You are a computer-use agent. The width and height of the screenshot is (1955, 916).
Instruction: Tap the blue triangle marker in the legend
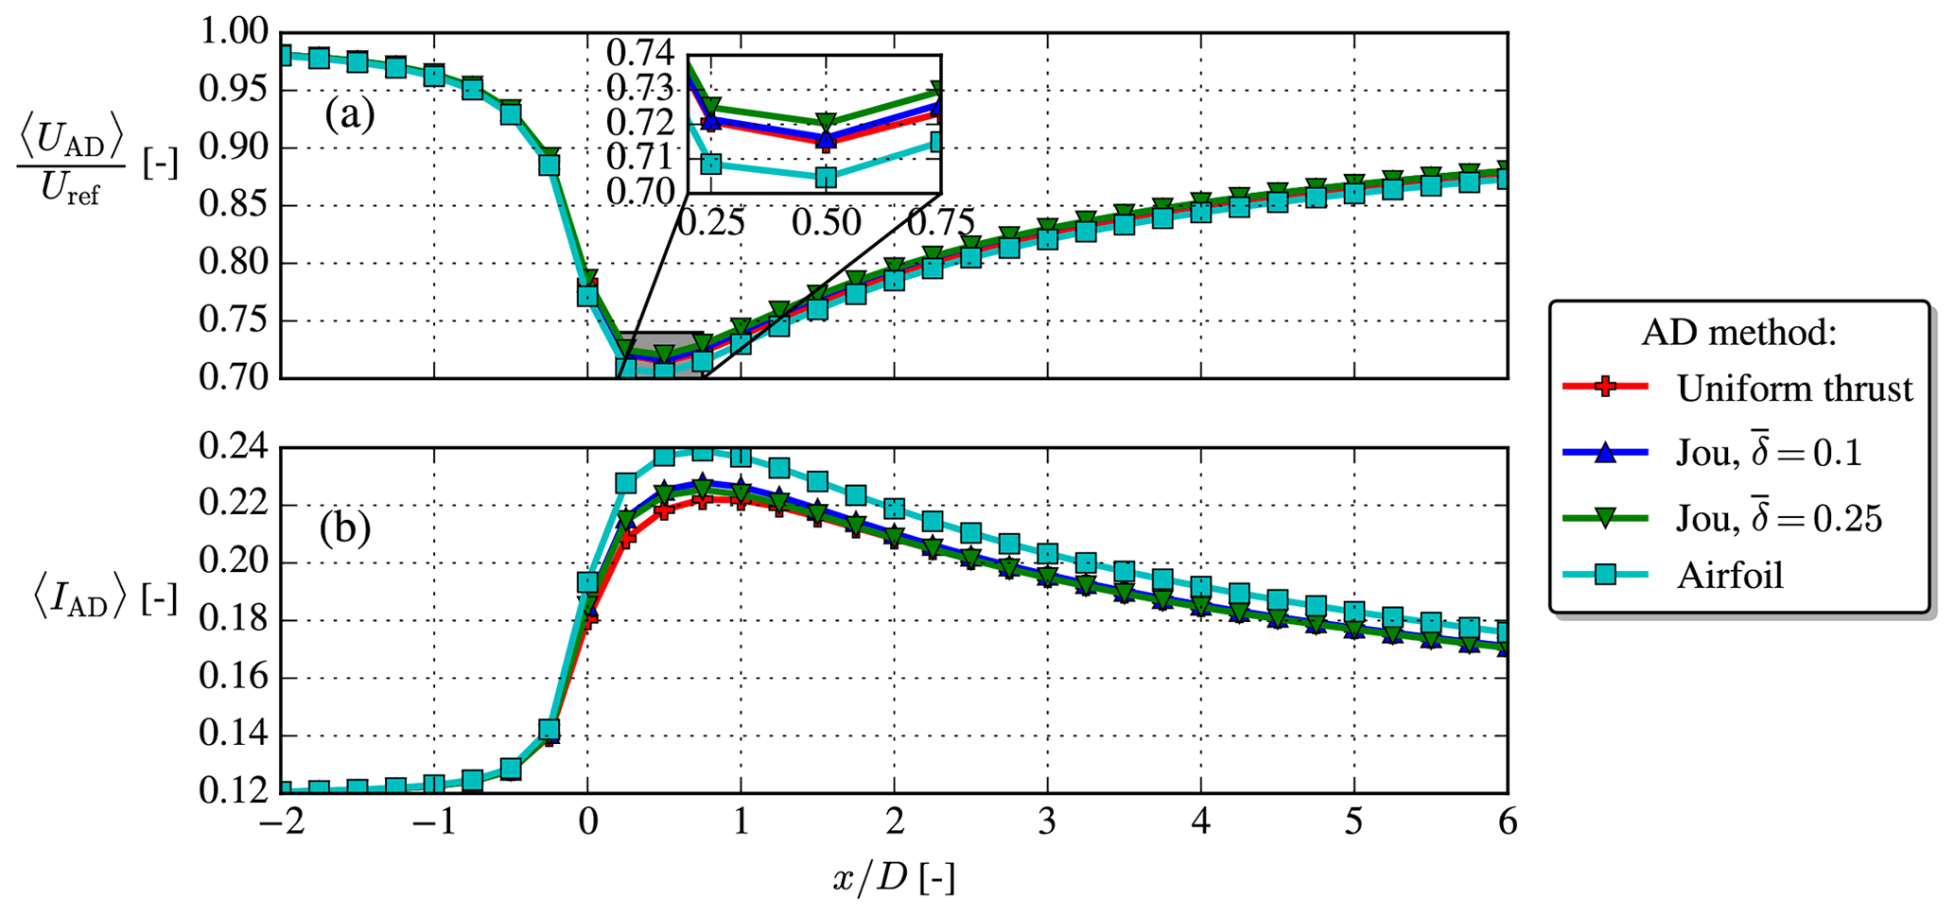tap(1604, 454)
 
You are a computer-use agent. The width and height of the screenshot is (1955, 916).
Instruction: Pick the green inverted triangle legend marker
tap(1604, 517)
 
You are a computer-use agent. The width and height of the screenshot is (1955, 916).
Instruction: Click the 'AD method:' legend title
tap(1738, 332)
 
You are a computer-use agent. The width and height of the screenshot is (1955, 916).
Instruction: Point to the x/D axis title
tap(893, 879)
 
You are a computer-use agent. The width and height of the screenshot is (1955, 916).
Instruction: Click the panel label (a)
tap(349, 115)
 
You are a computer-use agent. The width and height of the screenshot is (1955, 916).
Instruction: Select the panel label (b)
tap(344, 528)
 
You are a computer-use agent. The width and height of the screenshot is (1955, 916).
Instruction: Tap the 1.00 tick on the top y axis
tap(235, 34)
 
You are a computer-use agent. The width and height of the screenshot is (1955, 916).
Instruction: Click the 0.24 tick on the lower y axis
tap(235, 447)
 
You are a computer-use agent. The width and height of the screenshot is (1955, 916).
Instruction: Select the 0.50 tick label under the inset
tap(826, 223)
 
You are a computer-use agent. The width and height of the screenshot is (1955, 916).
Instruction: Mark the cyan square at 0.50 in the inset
tap(826, 177)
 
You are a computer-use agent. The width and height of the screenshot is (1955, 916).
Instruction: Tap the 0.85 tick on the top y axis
tap(235, 206)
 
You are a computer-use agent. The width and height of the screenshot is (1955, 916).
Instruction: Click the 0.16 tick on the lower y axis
tap(235, 678)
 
